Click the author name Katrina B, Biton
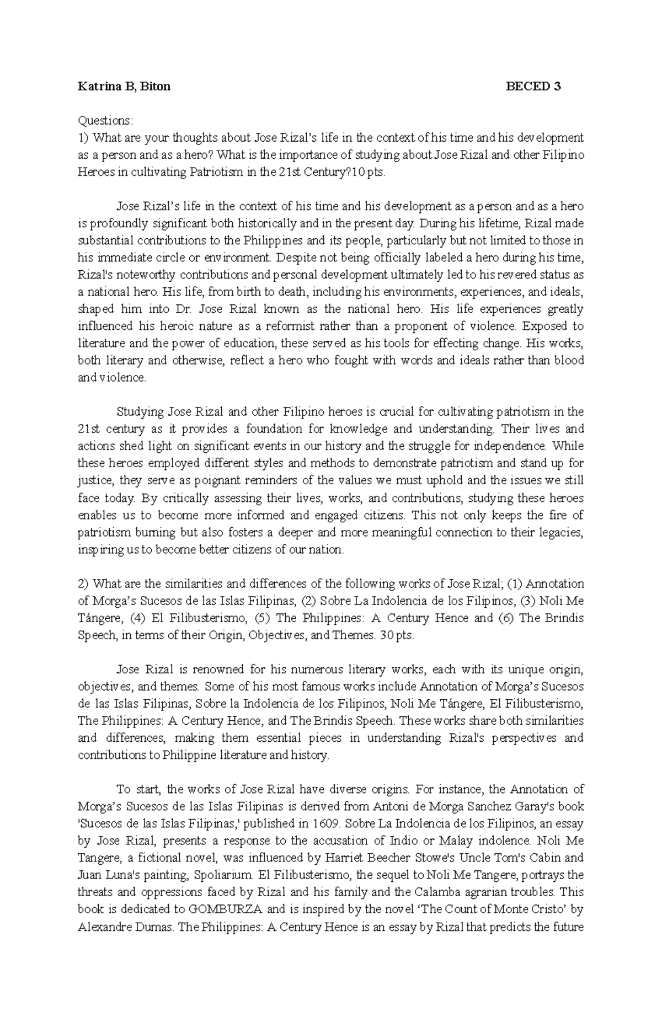[x=124, y=87]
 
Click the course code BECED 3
[x=534, y=87]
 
